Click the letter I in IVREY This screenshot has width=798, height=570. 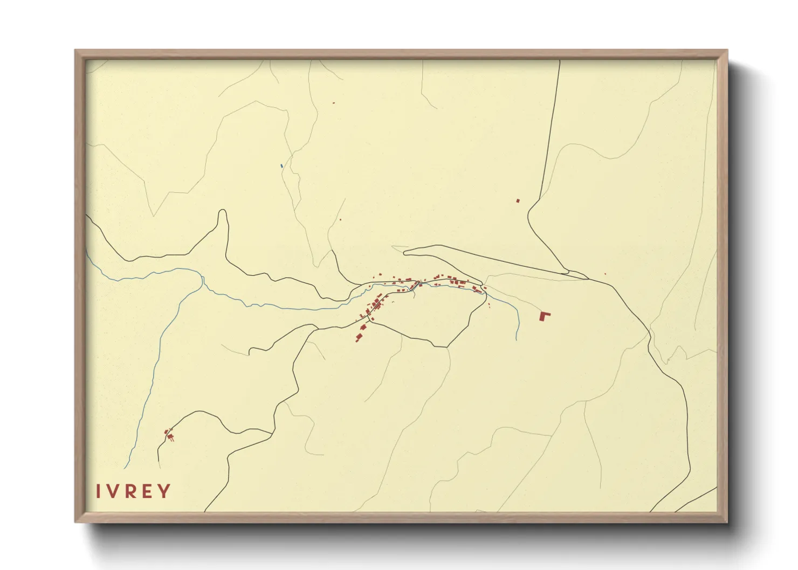tap(98, 491)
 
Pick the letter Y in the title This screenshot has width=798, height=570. tap(164, 491)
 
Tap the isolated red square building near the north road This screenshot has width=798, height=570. tap(518, 200)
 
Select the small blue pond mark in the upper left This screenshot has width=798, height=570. tap(281, 165)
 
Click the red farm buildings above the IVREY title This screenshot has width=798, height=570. tap(169, 434)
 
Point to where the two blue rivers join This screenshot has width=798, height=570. tap(203, 278)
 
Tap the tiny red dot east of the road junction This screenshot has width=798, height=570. tap(605, 274)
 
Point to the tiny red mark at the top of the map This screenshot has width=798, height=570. tap(334, 102)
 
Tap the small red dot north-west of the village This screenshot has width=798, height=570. tap(340, 220)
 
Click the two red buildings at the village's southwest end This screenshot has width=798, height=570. tap(359, 337)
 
